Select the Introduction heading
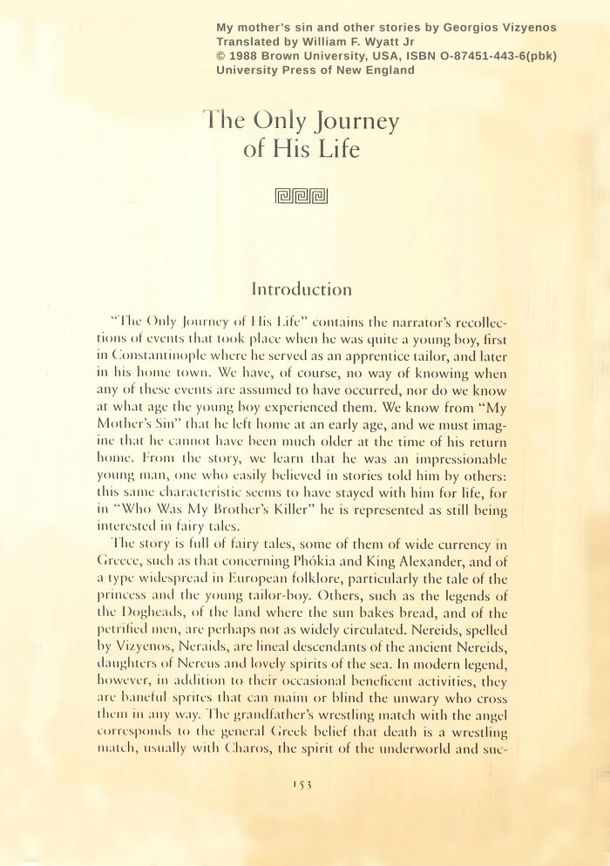[302, 288]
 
